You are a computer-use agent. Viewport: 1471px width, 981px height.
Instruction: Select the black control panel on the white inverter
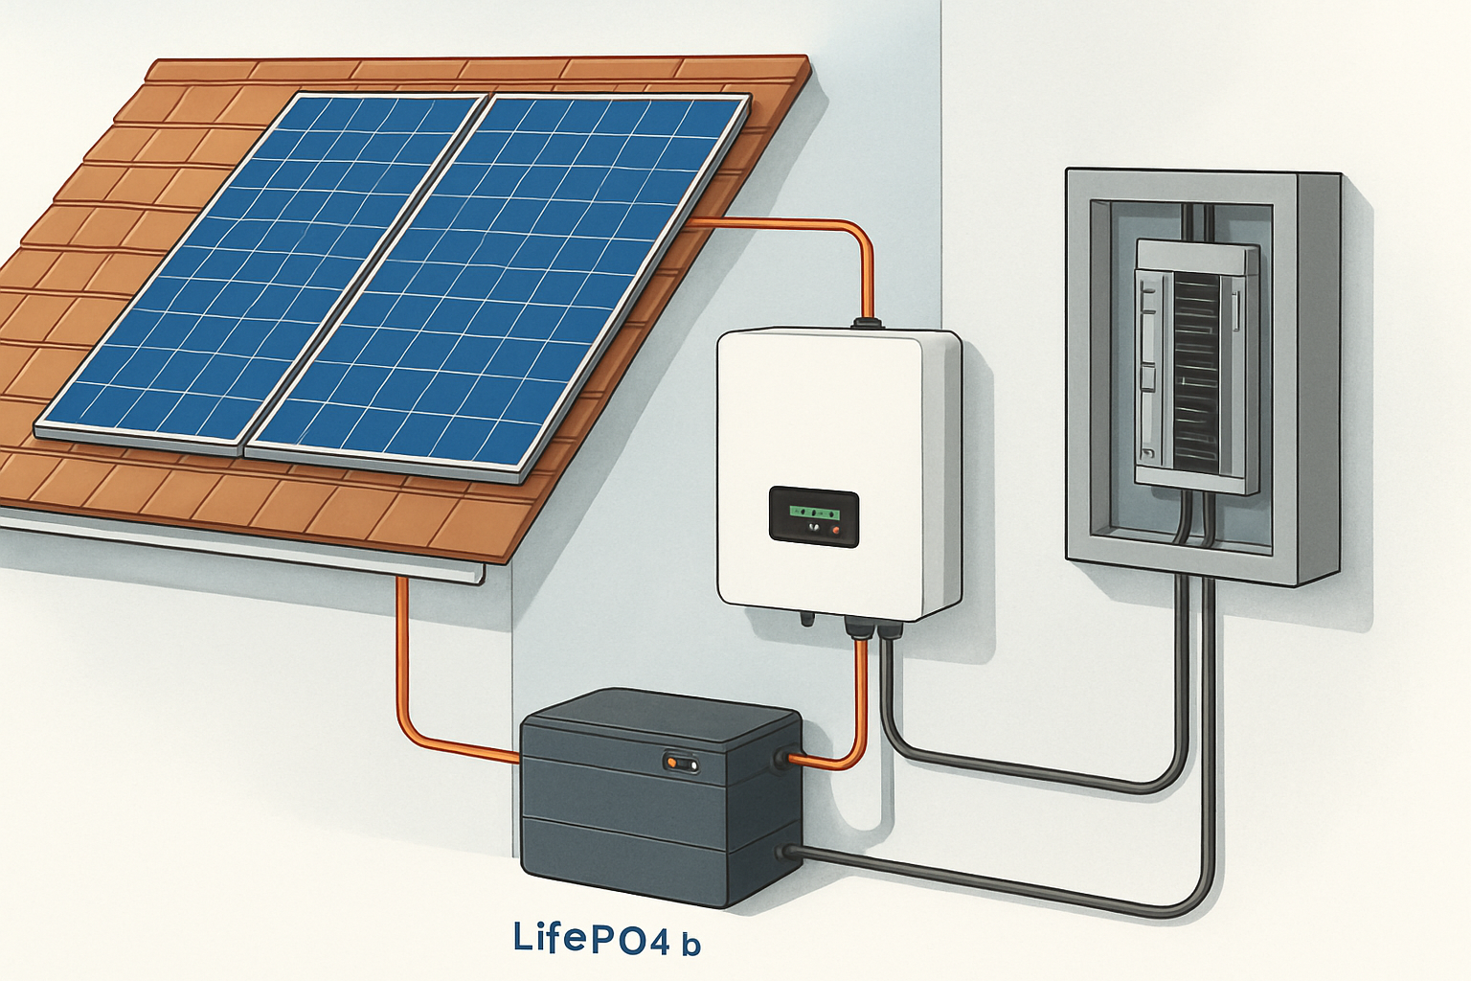coord(814,515)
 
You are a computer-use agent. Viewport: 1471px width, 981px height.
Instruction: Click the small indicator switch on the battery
coord(681,763)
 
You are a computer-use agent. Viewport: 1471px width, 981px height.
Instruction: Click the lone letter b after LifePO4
coord(690,945)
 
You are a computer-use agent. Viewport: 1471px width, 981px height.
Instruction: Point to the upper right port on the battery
coord(791,759)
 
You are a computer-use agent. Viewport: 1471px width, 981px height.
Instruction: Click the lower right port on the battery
coord(789,851)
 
